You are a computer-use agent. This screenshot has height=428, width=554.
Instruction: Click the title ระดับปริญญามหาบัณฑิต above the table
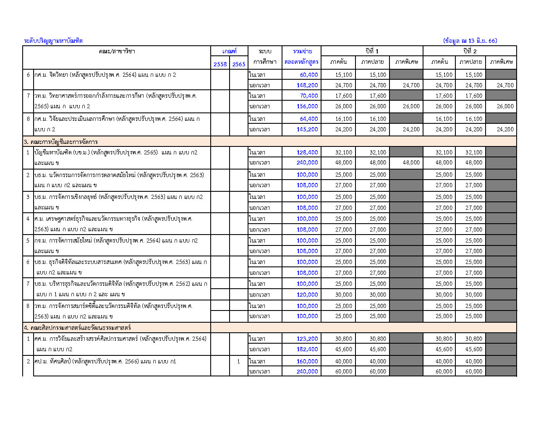[x=53, y=41]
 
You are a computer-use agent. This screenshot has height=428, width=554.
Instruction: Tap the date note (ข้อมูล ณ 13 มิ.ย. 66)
[x=470, y=41]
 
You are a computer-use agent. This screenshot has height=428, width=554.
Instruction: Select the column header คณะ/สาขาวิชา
[x=117, y=51]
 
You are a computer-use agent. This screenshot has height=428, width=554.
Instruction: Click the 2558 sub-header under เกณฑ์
[x=220, y=64]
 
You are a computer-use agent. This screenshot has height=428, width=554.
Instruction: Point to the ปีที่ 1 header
[x=372, y=51]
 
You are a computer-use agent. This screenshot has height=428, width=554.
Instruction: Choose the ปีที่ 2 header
[x=470, y=51]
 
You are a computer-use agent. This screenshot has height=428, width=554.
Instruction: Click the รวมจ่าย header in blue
[x=302, y=51]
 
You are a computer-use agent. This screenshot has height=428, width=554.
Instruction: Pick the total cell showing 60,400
[x=308, y=75]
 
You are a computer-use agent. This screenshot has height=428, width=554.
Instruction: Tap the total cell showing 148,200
[x=307, y=85]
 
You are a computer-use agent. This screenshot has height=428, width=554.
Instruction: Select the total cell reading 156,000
[x=307, y=106]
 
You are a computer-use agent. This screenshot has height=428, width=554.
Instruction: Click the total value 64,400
[x=308, y=119]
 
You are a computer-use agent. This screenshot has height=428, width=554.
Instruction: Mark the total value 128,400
[x=307, y=152]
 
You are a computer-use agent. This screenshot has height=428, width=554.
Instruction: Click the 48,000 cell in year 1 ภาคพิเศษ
[x=411, y=162]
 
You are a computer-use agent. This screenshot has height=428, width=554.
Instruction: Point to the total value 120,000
[x=307, y=295]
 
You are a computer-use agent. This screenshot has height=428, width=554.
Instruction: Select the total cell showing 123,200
[x=307, y=339]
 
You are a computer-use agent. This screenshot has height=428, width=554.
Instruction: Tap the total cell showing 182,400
[x=307, y=349]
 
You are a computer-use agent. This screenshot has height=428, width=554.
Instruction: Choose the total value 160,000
[x=307, y=361]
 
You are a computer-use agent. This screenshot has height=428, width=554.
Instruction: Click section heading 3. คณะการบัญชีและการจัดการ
[x=61, y=142]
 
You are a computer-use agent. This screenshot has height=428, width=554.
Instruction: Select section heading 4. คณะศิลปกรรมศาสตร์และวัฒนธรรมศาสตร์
[x=77, y=328]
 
